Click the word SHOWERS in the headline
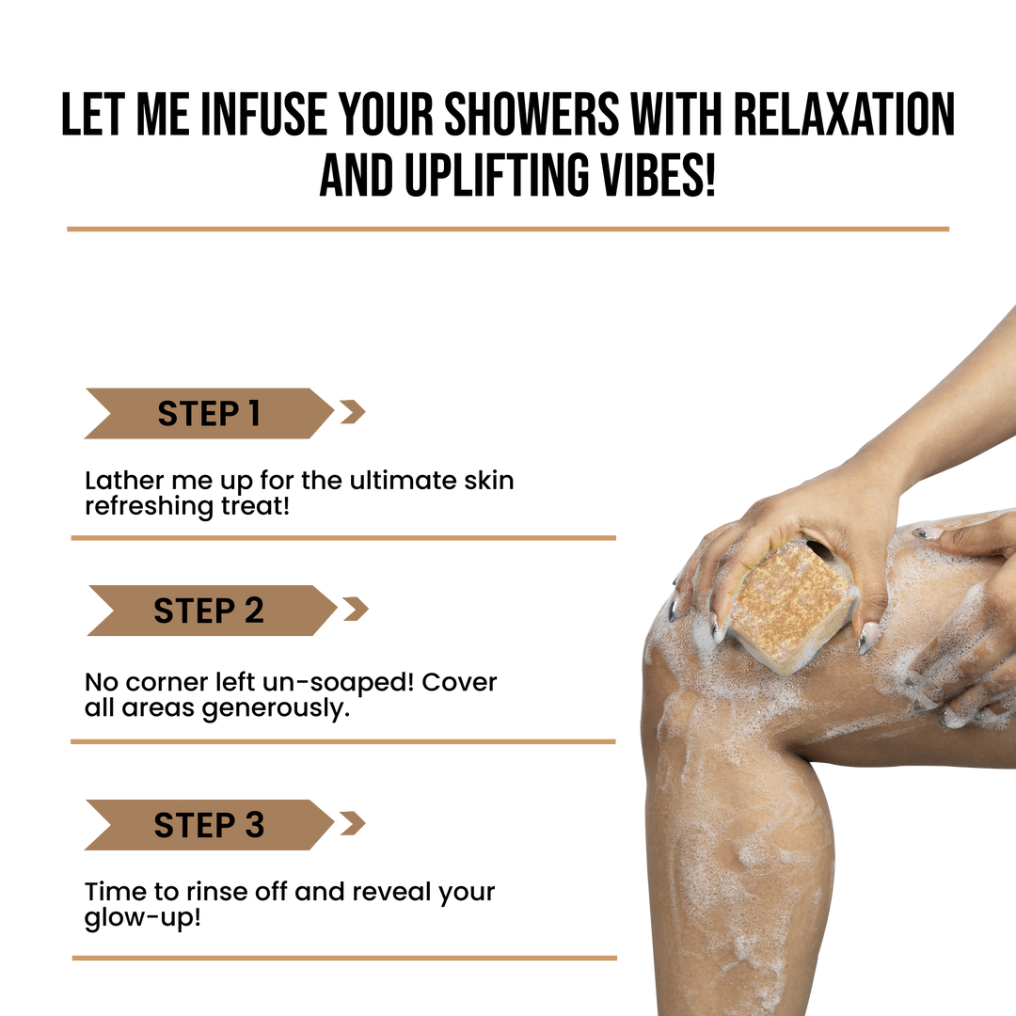point(532,115)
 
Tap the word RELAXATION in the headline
point(844,115)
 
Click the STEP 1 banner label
point(209,413)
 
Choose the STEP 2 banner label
point(209,611)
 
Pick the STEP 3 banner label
point(209,825)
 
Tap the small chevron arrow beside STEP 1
point(353,412)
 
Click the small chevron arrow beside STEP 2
point(356,609)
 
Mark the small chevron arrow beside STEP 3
point(353,823)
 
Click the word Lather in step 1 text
point(124,481)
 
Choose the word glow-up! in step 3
point(143,919)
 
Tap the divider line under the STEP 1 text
point(343,538)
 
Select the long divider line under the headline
point(508,229)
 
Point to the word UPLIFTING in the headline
point(496,175)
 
